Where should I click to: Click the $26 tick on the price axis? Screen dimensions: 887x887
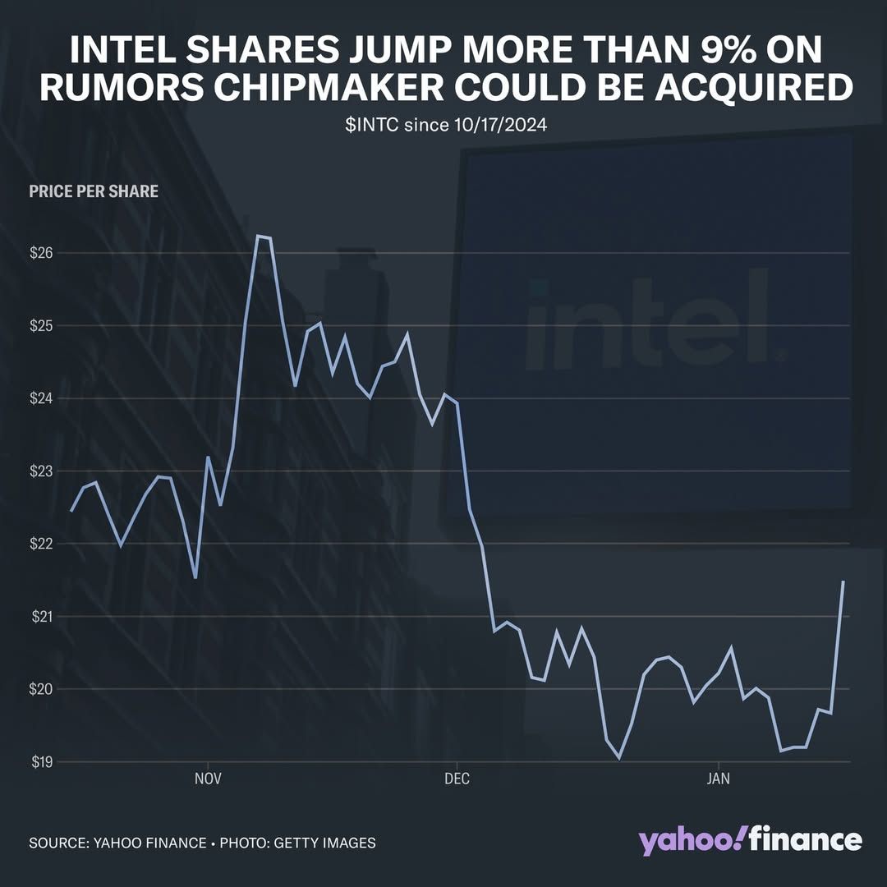[41, 253]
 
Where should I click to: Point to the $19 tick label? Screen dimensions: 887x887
[41, 761]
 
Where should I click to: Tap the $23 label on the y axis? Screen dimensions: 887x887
[41, 471]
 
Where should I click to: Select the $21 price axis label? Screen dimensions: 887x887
[41, 616]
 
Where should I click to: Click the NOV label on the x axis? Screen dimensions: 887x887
[209, 779]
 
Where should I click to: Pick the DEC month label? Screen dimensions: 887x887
[457, 779]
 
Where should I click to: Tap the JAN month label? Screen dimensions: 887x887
[719, 779]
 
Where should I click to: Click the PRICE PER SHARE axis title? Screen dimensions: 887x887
[94, 192]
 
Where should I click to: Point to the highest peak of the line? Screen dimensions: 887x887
[258, 237]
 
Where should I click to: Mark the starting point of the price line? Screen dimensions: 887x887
[71, 511]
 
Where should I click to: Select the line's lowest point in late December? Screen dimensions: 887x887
[619, 759]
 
